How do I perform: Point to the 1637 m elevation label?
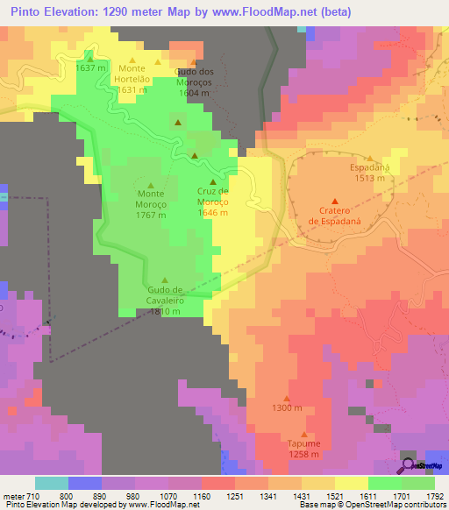(x=91, y=67)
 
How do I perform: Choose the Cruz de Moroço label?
(x=212, y=202)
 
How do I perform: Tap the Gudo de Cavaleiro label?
(x=165, y=300)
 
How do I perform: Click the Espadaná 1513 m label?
(x=369, y=173)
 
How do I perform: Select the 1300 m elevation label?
(x=287, y=408)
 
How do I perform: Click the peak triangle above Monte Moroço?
(x=151, y=185)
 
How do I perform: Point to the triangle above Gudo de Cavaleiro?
(x=165, y=280)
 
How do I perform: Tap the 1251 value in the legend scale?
(x=235, y=496)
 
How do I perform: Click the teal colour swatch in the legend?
(x=52, y=483)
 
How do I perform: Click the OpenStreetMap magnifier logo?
(x=410, y=464)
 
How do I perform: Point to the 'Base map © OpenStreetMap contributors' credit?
(x=372, y=506)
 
